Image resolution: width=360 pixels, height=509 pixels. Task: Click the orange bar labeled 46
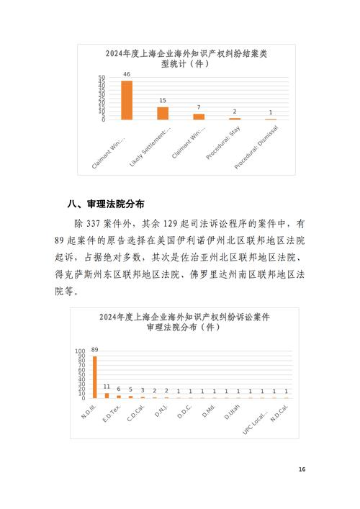point(127,100)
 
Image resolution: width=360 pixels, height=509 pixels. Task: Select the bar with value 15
point(163,113)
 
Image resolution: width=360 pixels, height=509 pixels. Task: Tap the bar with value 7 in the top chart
point(199,117)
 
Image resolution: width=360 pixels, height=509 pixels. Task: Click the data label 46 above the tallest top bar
point(127,74)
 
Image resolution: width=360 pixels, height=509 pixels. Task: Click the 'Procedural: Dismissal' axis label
point(258,148)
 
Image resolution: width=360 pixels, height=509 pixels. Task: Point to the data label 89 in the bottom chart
point(95,350)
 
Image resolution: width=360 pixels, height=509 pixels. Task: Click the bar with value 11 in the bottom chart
point(107,395)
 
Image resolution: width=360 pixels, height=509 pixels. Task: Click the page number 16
point(302,469)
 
